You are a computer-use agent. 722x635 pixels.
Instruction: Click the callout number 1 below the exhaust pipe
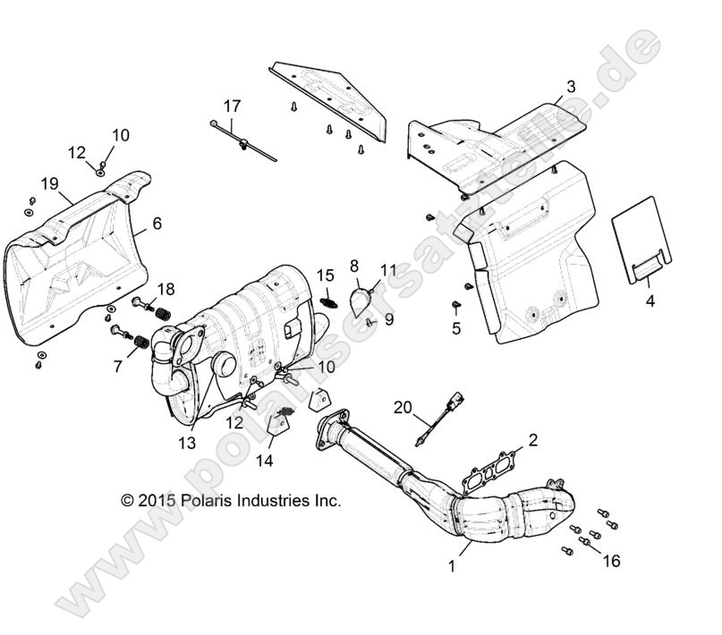452,565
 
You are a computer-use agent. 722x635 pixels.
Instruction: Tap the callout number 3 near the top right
570,87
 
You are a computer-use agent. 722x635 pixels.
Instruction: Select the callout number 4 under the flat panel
650,301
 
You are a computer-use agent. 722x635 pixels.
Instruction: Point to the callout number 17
232,106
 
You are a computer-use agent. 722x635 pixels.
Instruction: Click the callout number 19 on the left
49,184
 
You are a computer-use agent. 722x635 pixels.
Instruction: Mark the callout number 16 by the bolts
611,561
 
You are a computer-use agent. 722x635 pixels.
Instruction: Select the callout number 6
157,224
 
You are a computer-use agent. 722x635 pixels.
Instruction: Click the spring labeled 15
327,301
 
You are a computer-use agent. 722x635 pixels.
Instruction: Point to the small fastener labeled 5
454,306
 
